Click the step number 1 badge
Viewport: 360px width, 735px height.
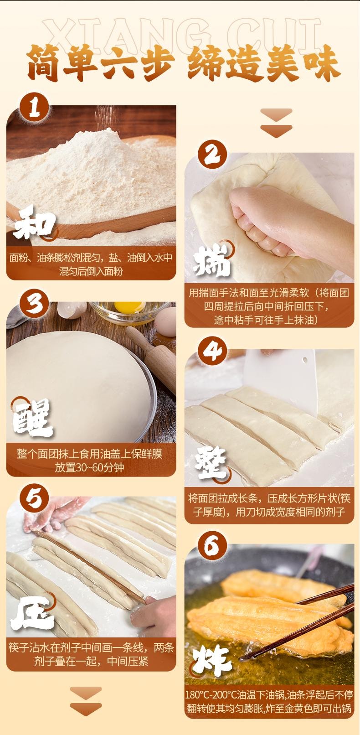[x=34, y=108]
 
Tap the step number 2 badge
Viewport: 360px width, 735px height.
[x=212, y=155]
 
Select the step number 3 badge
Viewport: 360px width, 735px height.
[x=34, y=304]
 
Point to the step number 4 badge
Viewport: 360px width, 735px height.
[x=212, y=351]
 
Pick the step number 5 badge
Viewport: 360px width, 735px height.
[x=34, y=498]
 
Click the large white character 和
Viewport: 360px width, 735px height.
[x=34, y=223]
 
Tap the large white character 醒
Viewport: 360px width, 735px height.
[x=33, y=417]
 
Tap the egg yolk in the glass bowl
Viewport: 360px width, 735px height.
[x=129, y=307]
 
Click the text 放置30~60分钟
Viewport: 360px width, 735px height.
[x=89, y=467]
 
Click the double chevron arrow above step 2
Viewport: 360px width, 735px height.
[x=276, y=123]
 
